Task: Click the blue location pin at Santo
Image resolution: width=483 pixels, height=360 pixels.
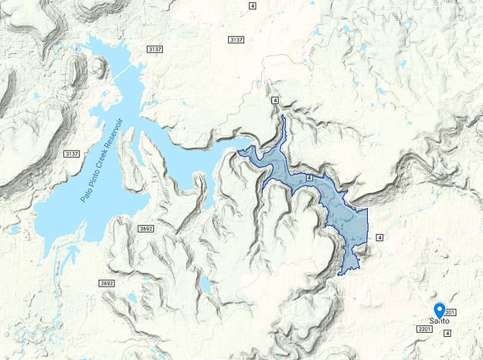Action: [439, 309]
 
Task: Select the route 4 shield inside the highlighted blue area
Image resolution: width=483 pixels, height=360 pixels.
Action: [309, 177]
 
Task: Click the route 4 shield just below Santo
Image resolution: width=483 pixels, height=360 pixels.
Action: [447, 333]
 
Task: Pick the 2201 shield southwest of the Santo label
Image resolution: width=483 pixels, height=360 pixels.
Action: [423, 329]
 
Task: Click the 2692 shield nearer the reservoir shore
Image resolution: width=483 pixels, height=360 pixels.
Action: [146, 228]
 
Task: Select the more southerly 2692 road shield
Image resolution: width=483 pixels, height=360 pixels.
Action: [107, 284]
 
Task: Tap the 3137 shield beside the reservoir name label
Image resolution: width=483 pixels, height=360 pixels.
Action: [71, 154]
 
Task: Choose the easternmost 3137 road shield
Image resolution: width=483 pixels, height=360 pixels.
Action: [236, 39]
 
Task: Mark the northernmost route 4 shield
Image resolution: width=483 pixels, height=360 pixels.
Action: [252, 6]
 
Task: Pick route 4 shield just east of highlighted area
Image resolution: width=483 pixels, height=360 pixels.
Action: [379, 237]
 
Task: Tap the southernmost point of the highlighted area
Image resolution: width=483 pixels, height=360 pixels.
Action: [340, 274]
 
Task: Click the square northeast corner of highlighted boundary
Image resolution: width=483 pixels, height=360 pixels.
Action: [367, 210]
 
